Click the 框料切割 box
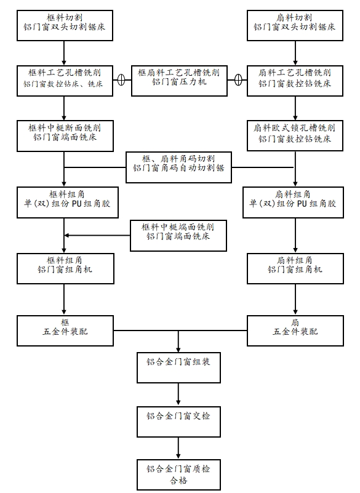tap(65, 25)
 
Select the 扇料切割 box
tap(295, 25)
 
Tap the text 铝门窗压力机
tap(179, 82)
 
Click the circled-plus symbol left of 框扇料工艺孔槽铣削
tap(121, 80)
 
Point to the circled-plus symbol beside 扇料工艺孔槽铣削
tap(238, 80)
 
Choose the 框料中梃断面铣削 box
tap(65, 136)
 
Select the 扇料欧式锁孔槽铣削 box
tap(295, 135)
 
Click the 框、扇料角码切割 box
tap(178, 167)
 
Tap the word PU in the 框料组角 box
tap(77, 204)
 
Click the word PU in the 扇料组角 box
tap(302, 204)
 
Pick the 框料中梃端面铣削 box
tap(178, 236)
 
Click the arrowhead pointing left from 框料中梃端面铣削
tap(66, 235)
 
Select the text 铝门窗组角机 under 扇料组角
tap(295, 270)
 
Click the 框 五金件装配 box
tap(65, 331)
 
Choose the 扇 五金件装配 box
tap(295, 331)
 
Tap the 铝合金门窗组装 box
tap(178, 367)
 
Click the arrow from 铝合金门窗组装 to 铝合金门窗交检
tap(178, 394)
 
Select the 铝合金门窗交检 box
tap(178, 422)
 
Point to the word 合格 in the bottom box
tap(178, 481)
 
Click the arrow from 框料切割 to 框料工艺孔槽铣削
tap(64, 53)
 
